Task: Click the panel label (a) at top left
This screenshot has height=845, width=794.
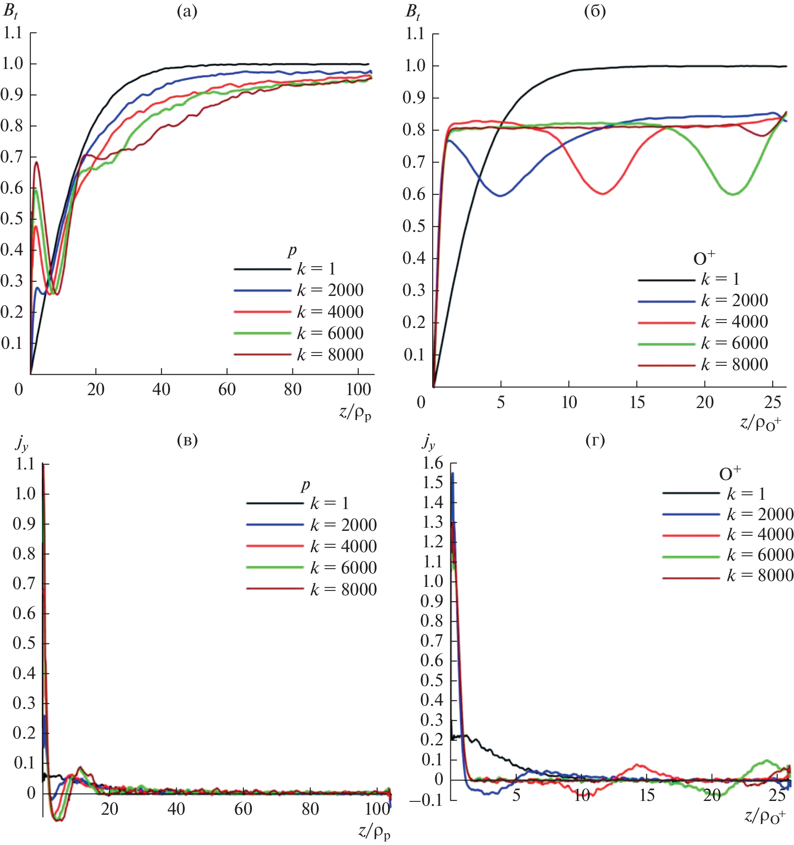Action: point(187,12)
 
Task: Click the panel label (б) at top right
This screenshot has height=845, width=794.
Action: point(595,12)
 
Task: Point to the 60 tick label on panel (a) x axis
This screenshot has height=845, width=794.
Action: point(227,390)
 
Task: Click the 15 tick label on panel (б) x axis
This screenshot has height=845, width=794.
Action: point(637,403)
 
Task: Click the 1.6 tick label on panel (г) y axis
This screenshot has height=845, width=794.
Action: point(433,463)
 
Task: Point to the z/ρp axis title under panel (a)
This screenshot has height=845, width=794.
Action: point(355,413)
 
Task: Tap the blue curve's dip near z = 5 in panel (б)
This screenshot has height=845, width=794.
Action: point(501,195)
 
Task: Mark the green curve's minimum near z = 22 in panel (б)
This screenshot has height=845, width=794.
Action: point(733,194)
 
